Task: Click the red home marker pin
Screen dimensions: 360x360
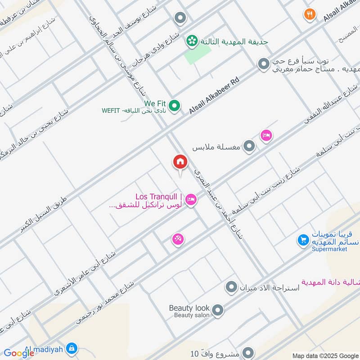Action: [x=180, y=162]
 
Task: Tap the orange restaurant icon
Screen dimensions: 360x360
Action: [x=309, y=14]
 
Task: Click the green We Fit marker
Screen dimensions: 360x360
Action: [x=175, y=106]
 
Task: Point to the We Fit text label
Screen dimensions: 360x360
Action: [x=155, y=103]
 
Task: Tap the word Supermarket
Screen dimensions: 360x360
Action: [x=331, y=249]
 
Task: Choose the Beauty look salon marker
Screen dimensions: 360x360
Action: [x=218, y=310]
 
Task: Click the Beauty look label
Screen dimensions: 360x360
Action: [x=189, y=308]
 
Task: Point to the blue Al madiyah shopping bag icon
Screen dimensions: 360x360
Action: [x=72, y=348]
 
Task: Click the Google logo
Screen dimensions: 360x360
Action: [x=19, y=353]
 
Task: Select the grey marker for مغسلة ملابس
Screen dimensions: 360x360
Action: [x=249, y=146]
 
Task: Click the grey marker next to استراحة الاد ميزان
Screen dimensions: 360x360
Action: [x=231, y=287]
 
